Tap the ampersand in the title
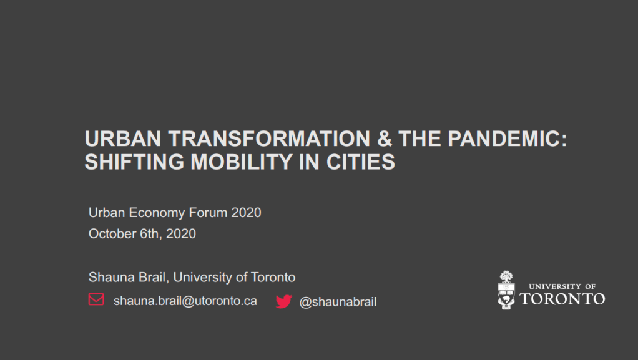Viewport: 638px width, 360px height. pos(385,139)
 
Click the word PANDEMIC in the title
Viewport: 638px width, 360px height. pos(508,139)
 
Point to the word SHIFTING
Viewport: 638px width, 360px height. pos(134,162)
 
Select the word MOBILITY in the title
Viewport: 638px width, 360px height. pos(242,162)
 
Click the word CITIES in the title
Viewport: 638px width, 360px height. pos(360,162)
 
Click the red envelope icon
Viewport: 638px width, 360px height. pos(96,299)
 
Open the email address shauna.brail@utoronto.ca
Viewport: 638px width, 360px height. pos(185,301)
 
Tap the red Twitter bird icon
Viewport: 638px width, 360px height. pos(283,301)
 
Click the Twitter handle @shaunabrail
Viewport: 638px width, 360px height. pos(338,302)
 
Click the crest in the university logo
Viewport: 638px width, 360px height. pos(506,291)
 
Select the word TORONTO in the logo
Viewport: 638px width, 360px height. pos(562,299)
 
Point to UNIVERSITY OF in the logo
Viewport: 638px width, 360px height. pos(562,286)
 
